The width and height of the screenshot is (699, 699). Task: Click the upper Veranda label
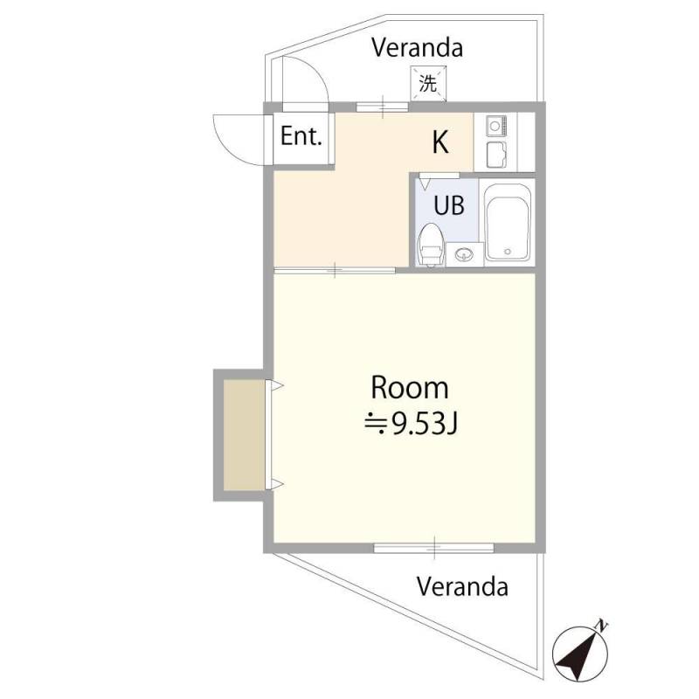point(418,48)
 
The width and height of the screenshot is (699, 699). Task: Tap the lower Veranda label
point(462,586)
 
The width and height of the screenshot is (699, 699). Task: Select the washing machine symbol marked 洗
point(428,83)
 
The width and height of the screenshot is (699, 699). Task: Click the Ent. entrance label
point(301,136)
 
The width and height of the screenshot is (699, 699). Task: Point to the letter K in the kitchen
point(440,142)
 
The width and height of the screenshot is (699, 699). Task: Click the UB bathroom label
point(449,205)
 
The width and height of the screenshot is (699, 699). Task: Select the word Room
point(410,388)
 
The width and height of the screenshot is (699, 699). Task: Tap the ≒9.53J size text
point(411,424)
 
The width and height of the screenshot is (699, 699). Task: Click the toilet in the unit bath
point(431,245)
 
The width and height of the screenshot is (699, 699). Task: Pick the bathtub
point(508,223)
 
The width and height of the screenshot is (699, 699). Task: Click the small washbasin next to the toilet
point(465,255)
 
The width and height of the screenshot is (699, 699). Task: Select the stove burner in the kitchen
point(496,126)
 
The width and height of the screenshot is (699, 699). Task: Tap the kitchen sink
point(496,155)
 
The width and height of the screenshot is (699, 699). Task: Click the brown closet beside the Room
point(244,435)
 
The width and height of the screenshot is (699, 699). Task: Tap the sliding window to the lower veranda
point(433,548)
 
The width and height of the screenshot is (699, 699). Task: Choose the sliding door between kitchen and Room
point(335,270)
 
